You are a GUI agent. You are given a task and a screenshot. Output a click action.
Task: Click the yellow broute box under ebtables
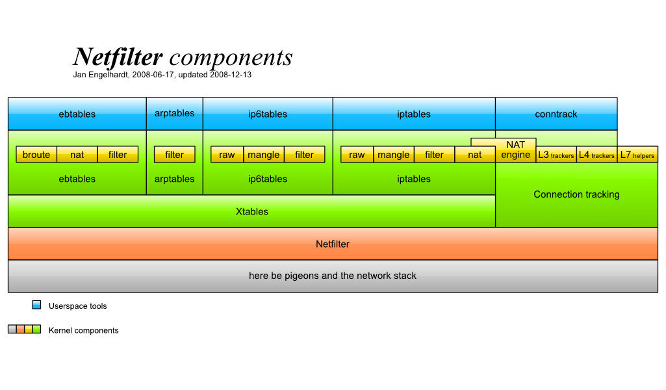(x=36, y=155)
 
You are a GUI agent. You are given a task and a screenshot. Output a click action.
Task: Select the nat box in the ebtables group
(x=77, y=155)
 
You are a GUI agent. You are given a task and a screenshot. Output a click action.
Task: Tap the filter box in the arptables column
(x=174, y=155)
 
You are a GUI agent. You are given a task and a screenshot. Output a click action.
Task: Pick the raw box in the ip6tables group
(x=227, y=155)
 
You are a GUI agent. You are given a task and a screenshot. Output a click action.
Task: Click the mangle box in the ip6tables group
(x=264, y=155)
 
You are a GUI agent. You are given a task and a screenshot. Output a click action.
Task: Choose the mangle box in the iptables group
(x=394, y=155)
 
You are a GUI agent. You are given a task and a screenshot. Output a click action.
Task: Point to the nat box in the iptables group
(x=475, y=155)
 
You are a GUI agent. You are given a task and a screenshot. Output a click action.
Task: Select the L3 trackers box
(x=556, y=155)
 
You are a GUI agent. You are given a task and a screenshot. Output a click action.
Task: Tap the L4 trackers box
(x=596, y=155)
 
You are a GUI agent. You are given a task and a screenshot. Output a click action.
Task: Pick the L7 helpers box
(x=637, y=155)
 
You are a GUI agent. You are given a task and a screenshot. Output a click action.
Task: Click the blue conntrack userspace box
(x=556, y=114)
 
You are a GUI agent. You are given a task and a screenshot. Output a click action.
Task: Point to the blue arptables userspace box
(x=174, y=113)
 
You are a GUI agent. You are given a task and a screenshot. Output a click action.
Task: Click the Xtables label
(x=252, y=211)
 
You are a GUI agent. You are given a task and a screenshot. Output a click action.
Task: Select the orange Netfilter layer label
(x=333, y=244)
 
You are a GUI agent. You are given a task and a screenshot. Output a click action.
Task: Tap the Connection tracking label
(x=576, y=194)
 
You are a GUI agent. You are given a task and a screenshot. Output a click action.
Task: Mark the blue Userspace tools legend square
(x=36, y=305)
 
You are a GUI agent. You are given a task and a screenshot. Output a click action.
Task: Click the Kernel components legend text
(x=83, y=330)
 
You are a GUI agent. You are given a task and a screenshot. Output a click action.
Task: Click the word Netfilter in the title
(x=118, y=57)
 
